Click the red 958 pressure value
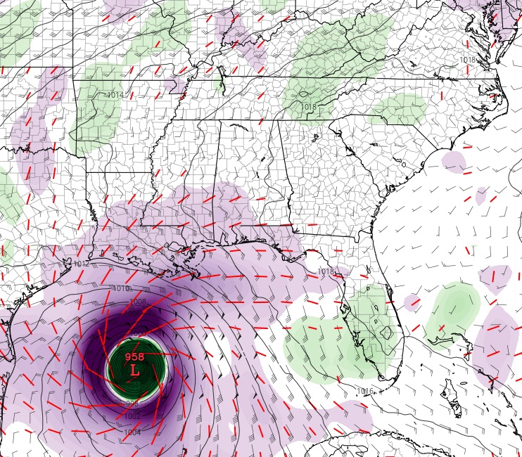pos(134,356)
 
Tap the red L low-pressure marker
pos(135,368)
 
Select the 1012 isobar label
pos(81,264)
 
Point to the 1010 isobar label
pos(121,289)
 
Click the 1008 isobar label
pos(137,302)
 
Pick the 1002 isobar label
pos(132,416)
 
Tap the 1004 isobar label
pos(132,432)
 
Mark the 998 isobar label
pos(132,404)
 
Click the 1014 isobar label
pos(115,95)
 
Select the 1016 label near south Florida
pos(364,391)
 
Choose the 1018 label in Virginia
pos(467,60)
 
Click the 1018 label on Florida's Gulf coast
pos(325,271)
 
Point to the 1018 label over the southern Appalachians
pos(309,107)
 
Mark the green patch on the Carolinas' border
pos(400,110)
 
